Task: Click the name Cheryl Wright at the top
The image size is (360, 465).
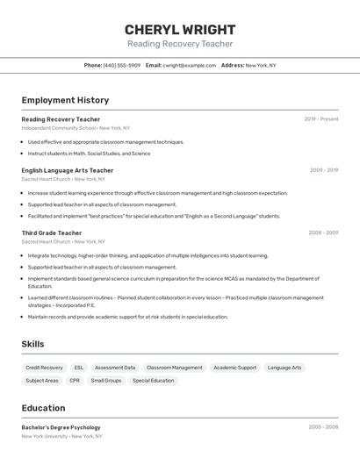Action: pyautogui.click(x=180, y=30)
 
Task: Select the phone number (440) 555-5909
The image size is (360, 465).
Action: pyautogui.click(x=122, y=65)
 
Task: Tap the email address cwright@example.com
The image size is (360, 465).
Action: pyautogui.click(x=189, y=65)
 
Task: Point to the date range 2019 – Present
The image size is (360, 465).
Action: pyautogui.click(x=321, y=118)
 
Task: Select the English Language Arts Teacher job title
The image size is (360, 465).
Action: pyautogui.click(x=68, y=170)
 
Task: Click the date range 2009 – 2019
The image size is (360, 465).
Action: pyautogui.click(x=324, y=170)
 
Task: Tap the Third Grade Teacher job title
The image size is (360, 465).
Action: pyautogui.click(x=52, y=232)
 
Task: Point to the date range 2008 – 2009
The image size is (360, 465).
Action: pyautogui.click(x=323, y=232)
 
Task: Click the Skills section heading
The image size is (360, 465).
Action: pyautogui.click(x=32, y=344)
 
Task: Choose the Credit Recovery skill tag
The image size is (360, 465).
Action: pyautogui.click(x=44, y=368)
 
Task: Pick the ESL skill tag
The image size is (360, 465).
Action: pyautogui.click(x=79, y=368)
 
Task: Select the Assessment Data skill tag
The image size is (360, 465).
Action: pyautogui.click(x=115, y=368)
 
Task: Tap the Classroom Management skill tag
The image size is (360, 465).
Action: pyautogui.click(x=174, y=368)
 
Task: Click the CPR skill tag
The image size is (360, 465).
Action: pyautogui.click(x=75, y=381)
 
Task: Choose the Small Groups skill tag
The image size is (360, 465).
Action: pyautogui.click(x=106, y=381)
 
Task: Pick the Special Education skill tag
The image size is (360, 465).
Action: pyautogui.click(x=153, y=381)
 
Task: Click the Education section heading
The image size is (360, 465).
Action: pyautogui.click(x=43, y=408)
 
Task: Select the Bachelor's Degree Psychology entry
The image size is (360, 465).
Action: pyautogui.click(x=61, y=427)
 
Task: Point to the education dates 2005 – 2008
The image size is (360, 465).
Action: pyautogui.click(x=323, y=427)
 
